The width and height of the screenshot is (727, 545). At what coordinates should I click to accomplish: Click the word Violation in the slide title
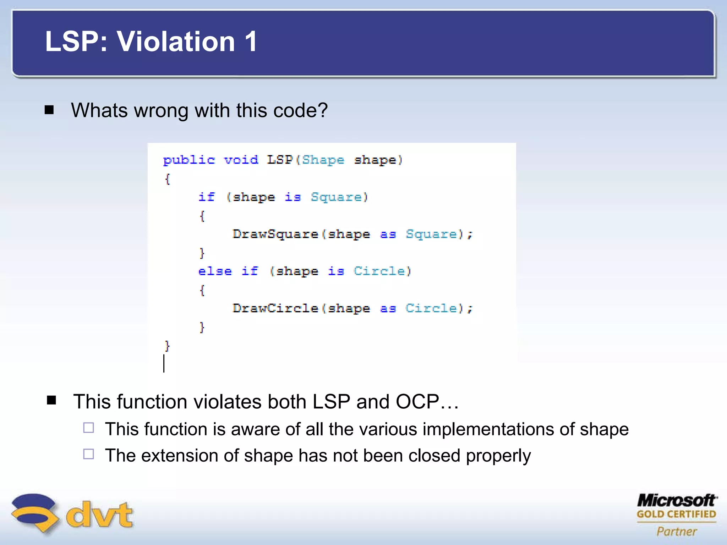(x=176, y=42)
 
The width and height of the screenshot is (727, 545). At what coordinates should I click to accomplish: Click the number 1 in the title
(x=251, y=42)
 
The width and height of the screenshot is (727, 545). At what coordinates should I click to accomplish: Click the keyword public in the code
(x=189, y=160)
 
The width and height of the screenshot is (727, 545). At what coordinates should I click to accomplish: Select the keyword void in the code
(x=241, y=160)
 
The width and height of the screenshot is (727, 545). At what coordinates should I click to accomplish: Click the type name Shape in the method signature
(x=323, y=160)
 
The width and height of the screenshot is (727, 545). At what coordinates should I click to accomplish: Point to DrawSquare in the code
(x=275, y=234)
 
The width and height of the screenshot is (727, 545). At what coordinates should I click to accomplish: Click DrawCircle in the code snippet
(x=275, y=308)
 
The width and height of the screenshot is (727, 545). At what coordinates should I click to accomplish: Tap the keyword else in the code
(x=215, y=271)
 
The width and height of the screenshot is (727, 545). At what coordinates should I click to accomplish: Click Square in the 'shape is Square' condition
(x=336, y=197)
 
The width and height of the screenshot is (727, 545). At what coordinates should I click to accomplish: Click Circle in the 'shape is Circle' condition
(x=379, y=271)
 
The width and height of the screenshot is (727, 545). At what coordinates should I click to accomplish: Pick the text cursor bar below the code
(x=164, y=363)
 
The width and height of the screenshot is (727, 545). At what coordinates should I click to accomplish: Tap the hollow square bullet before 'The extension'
(x=88, y=454)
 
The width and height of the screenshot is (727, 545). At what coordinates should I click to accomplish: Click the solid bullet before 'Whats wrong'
(x=49, y=110)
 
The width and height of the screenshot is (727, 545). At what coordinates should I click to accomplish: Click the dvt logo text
(x=99, y=514)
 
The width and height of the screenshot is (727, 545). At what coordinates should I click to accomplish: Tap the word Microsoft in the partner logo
(x=676, y=501)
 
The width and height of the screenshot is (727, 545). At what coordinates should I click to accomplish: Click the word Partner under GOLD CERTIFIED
(x=677, y=531)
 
